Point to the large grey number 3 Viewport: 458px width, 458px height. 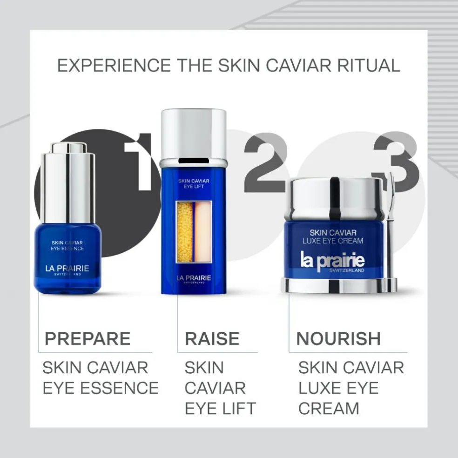click(x=397, y=162)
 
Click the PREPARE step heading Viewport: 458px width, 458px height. click(x=88, y=338)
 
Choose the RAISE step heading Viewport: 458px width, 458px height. click(x=212, y=338)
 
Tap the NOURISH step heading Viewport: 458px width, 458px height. click(x=338, y=338)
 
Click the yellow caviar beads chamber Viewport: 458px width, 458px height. click(x=185, y=232)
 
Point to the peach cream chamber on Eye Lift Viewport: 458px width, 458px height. click(x=203, y=232)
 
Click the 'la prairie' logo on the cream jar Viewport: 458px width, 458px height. click(x=332, y=261)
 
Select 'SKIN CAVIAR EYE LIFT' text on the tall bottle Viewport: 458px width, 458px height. click(x=194, y=183)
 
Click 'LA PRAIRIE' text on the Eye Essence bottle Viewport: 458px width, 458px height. click(x=67, y=269)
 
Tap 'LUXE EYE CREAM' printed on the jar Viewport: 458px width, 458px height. click(x=333, y=241)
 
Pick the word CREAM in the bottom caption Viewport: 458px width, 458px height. click(x=329, y=408)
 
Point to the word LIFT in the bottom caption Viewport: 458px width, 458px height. click(x=239, y=408)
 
